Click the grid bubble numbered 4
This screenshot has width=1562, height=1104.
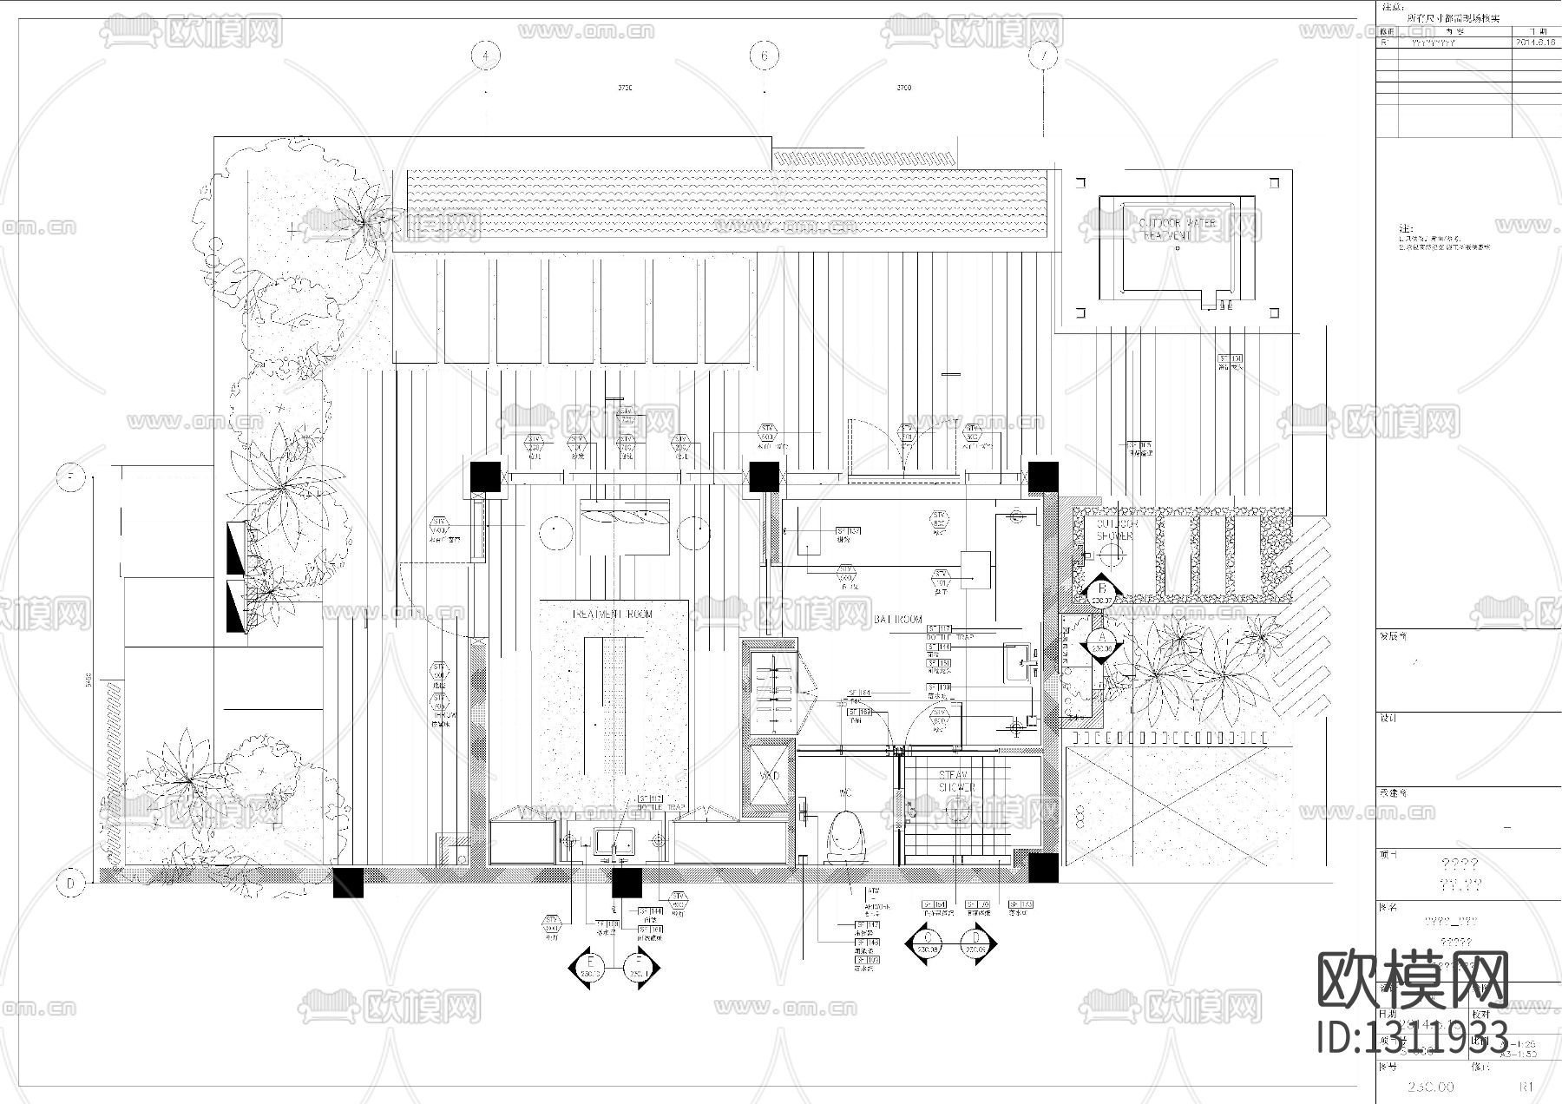point(486,56)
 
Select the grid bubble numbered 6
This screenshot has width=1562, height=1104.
point(764,56)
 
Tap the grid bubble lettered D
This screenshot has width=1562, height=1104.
point(70,884)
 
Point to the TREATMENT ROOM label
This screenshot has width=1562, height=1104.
point(613,614)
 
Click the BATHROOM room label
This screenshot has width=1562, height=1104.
point(898,620)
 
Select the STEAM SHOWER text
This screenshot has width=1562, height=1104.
point(956,781)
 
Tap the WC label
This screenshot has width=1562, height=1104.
point(844,793)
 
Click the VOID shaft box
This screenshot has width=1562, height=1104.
point(770,775)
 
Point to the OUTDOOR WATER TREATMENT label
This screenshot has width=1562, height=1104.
point(1178,229)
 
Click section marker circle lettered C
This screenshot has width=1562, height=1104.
point(929,943)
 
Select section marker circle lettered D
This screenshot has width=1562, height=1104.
point(976,943)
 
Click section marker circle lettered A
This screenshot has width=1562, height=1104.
point(1101,641)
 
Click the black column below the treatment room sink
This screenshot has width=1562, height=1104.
point(626,883)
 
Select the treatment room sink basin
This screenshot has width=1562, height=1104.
point(614,840)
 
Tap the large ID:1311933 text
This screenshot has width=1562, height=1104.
point(1413,1036)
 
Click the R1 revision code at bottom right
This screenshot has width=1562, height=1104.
point(1527,1086)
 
